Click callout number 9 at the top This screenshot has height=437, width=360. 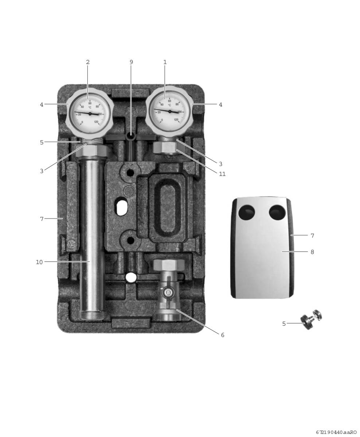coord(131,62)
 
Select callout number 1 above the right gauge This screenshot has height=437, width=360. coord(165,62)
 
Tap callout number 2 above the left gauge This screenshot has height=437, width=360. coord(87,62)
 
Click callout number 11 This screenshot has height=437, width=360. coord(222,174)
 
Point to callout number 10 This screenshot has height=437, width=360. coord(39,262)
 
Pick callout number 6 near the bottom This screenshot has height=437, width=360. coord(222,335)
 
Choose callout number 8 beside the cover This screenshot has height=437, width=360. coord(312,252)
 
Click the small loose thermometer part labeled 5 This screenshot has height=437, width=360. coord(312,319)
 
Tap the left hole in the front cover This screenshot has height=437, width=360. coord(247,212)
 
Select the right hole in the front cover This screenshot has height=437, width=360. coord(277,212)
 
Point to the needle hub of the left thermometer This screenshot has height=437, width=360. coord(90,114)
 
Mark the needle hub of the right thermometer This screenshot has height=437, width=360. coord(169,111)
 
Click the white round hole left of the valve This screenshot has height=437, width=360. coord(131,277)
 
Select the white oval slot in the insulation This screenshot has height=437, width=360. coord(122,208)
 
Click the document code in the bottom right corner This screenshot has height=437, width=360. coord(336,432)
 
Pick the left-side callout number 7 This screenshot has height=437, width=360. coord(42,219)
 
